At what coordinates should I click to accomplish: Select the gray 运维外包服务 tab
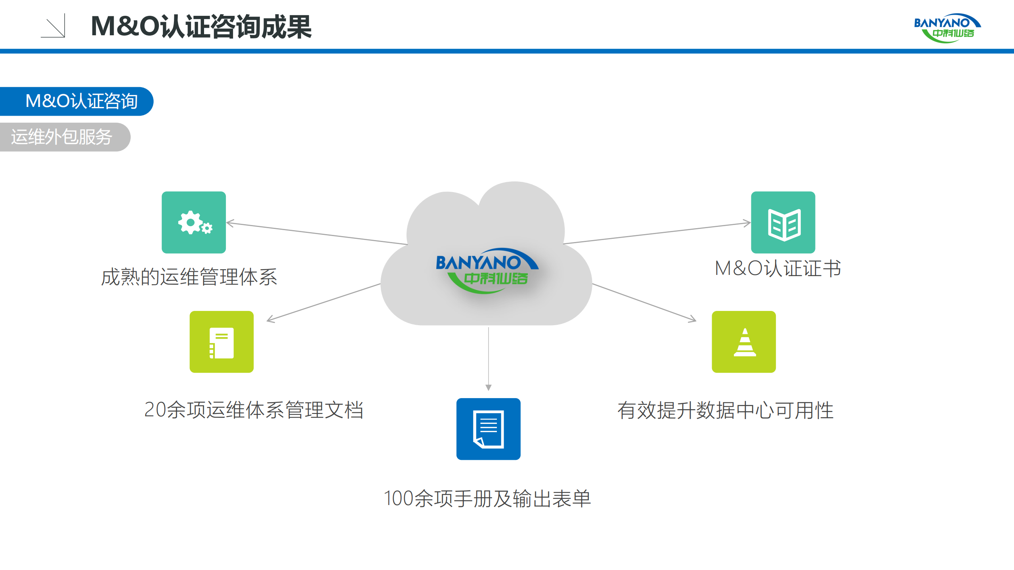click(63, 137)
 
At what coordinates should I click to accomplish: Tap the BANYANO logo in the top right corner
click(947, 28)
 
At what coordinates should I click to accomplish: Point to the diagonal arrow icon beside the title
click(54, 26)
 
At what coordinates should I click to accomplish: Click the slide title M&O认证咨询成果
click(201, 27)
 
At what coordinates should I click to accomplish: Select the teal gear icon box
click(194, 222)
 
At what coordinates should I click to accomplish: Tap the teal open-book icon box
click(783, 222)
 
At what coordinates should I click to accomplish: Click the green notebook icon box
click(222, 341)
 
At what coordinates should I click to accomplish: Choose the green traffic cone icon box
click(744, 341)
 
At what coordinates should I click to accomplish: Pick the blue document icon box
click(488, 429)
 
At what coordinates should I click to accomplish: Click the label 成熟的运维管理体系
click(189, 276)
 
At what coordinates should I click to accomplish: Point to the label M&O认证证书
click(778, 268)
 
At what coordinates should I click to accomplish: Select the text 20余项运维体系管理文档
click(254, 410)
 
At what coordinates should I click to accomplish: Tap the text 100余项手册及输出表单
click(487, 498)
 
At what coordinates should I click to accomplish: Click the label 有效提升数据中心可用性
click(725, 410)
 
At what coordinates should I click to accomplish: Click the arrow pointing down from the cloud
click(488, 358)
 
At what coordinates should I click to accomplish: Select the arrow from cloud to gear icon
click(317, 233)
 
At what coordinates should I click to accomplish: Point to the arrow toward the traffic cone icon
click(644, 302)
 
